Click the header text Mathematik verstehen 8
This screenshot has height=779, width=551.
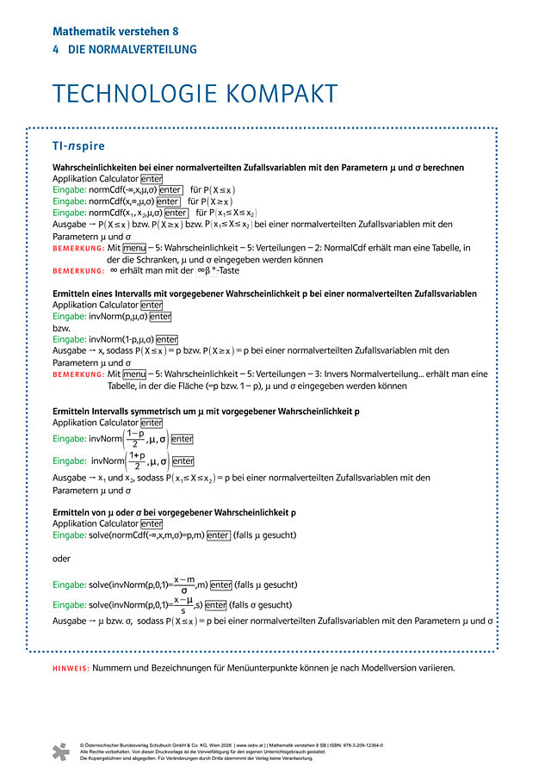(115, 31)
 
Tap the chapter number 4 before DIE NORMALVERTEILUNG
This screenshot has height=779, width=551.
(56, 50)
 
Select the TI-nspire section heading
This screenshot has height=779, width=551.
(79, 145)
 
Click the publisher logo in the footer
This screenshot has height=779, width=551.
(59, 751)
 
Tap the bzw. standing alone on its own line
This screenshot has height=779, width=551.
(61, 328)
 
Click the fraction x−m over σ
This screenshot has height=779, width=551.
(183, 584)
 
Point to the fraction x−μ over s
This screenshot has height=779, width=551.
(182, 604)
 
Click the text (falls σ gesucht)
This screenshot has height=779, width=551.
(262, 604)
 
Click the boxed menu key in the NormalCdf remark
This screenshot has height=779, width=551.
(133, 248)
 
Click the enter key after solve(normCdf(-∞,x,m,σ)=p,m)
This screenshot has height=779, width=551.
(218, 535)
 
